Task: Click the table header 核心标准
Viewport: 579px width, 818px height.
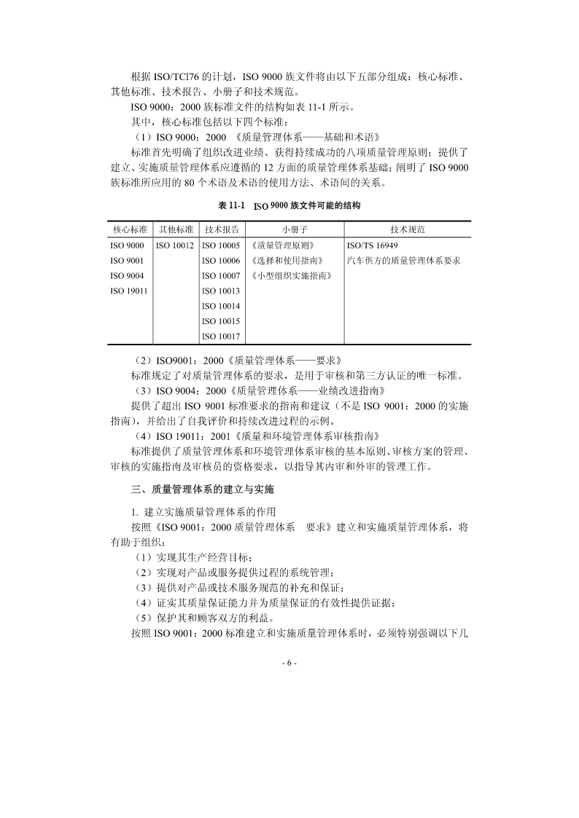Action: (130, 229)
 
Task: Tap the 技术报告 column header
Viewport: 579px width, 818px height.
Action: (221, 229)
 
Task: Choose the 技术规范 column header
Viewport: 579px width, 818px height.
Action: (407, 229)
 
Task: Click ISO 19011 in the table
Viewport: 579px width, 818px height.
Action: (128, 291)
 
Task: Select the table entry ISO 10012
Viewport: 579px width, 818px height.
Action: (175, 245)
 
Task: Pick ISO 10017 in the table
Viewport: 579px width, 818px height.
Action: (221, 336)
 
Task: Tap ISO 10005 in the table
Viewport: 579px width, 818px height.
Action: (221, 245)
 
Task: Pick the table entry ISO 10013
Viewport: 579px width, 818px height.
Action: (221, 291)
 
